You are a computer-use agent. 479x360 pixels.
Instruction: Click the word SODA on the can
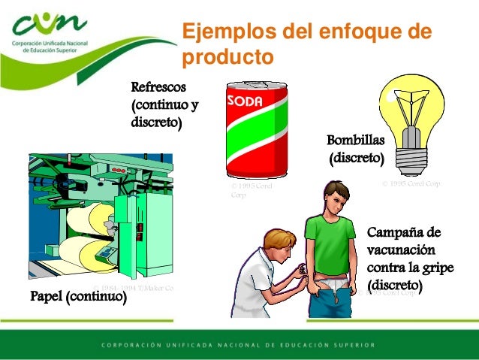(244, 99)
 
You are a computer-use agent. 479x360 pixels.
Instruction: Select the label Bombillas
(355, 141)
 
